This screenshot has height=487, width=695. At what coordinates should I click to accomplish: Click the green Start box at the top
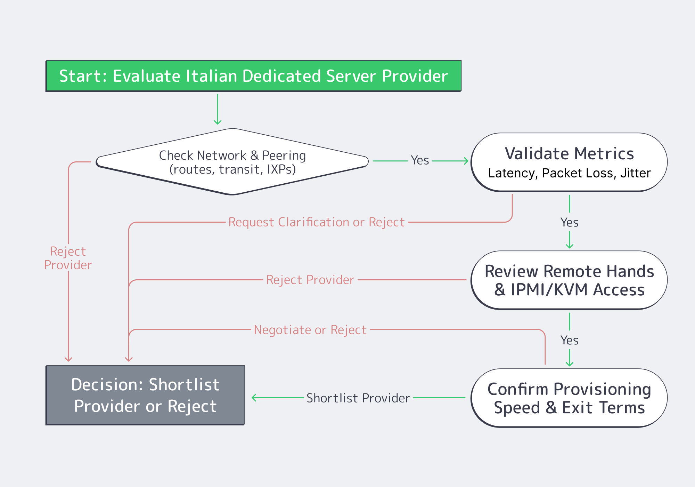click(x=254, y=76)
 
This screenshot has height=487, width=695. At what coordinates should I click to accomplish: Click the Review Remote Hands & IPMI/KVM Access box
click(x=569, y=280)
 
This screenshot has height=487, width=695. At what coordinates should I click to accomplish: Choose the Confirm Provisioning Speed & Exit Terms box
click(x=569, y=398)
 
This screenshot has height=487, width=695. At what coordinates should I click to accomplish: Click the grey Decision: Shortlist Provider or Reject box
click(x=145, y=395)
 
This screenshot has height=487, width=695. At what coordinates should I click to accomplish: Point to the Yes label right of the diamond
click(x=420, y=160)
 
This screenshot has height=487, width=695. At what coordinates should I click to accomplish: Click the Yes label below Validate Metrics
click(x=569, y=222)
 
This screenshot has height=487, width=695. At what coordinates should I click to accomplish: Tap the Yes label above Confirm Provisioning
click(x=569, y=340)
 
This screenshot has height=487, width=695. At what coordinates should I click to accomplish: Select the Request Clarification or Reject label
click(x=316, y=222)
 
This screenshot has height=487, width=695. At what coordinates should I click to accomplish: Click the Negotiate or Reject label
click(x=310, y=329)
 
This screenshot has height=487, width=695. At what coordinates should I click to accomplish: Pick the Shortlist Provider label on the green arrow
click(x=358, y=398)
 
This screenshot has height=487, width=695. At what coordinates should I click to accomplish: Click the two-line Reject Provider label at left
click(x=68, y=258)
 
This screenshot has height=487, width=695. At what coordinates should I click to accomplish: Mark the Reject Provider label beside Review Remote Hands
click(x=310, y=280)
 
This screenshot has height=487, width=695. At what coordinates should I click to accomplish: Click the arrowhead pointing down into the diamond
click(x=218, y=122)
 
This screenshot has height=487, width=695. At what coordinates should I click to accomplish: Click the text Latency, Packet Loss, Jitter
click(x=569, y=173)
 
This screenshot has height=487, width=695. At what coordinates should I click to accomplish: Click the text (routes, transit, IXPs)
click(x=232, y=169)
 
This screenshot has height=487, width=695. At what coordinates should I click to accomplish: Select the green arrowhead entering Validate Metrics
click(x=466, y=161)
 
